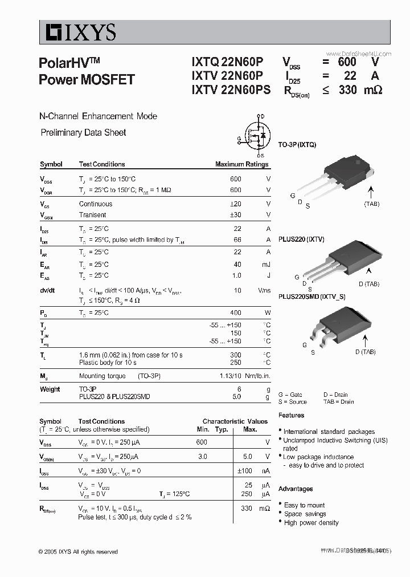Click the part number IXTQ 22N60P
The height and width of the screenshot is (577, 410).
227,62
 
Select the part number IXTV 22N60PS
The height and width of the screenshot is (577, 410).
231,90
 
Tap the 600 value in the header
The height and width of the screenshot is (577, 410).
347,62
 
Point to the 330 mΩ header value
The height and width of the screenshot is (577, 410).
360,90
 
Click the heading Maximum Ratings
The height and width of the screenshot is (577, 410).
241,164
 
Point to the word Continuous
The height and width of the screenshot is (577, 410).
96,204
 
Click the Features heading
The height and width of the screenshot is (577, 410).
291,416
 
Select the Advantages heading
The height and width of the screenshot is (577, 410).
296,489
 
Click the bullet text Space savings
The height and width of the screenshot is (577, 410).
305,514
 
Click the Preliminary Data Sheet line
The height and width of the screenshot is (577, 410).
83,132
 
